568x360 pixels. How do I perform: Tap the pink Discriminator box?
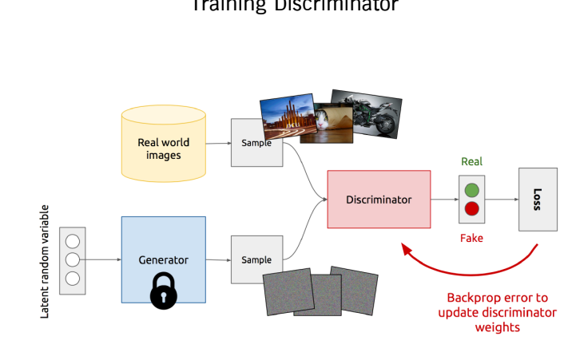tap(379, 199)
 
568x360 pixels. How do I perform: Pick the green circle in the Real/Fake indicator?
tap(471, 191)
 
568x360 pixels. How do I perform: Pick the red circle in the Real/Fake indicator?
tap(471, 209)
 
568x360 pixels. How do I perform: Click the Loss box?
tap(537, 199)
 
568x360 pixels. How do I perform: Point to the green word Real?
tap(471, 162)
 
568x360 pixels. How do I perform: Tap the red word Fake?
tap(471, 238)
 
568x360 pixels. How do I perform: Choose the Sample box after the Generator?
tap(256, 259)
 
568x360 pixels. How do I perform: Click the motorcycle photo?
tap(367, 112)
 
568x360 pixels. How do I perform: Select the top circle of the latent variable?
tap(73, 240)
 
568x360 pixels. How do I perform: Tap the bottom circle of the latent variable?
tap(73, 279)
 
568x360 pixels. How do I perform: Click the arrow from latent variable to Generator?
tap(103, 259)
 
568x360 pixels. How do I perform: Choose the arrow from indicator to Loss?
tap(501, 200)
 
